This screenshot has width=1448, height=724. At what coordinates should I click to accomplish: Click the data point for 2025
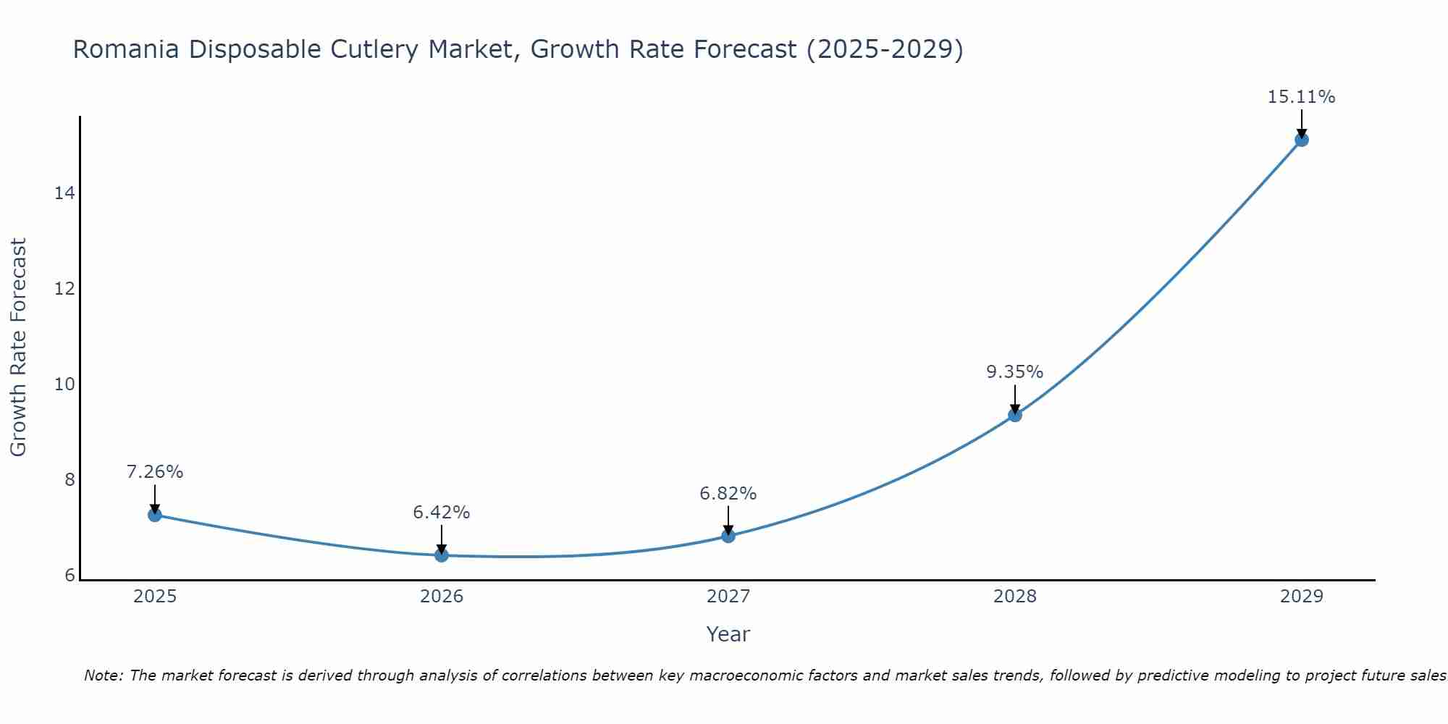pyautogui.click(x=154, y=515)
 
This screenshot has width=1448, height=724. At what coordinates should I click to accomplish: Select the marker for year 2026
pyautogui.click(x=442, y=555)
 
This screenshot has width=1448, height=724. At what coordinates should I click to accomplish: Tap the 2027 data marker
pyautogui.click(x=728, y=536)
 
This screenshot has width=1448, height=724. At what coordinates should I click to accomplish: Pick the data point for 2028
pyautogui.click(x=1015, y=415)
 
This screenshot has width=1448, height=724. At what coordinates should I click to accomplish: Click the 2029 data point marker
pyautogui.click(x=1302, y=140)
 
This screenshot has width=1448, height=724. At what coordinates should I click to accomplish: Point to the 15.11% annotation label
pyautogui.click(x=1301, y=97)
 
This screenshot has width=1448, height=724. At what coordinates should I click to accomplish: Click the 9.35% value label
pyautogui.click(x=1014, y=372)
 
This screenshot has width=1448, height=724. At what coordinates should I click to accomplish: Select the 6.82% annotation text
pyautogui.click(x=728, y=494)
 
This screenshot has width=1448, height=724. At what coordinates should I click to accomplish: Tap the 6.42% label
pyautogui.click(x=441, y=513)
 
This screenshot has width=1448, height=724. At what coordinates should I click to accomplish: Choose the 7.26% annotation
pyautogui.click(x=154, y=472)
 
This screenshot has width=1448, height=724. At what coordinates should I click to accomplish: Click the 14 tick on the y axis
pyautogui.click(x=64, y=193)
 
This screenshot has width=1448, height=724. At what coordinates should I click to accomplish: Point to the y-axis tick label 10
pyautogui.click(x=64, y=384)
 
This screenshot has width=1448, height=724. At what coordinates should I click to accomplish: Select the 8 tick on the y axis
pyautogui.click(x=70, y=480)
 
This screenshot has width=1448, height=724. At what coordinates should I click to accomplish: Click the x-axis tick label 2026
pyautogui.click(x=442, y=597)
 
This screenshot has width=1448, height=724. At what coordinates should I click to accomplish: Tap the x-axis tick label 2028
pyautogui.click(x=1015, y=597)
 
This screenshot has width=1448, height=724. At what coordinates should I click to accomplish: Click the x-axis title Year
pyautogui.click(x=728, y=634)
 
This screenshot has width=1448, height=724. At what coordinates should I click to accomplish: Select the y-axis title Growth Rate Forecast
pyautogui.click(x=18, y=348)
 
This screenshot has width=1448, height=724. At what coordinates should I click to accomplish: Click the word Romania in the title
pyautogui.click(x=126, y=50)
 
